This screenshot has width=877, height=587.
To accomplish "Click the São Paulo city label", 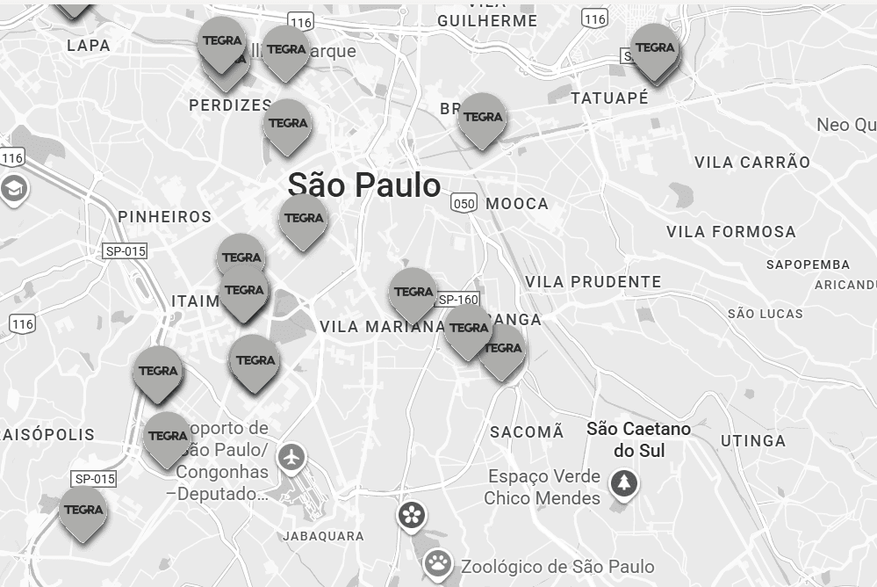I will click(x=363, y=185).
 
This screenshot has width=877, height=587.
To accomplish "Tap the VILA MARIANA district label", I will click(x=382, y=327).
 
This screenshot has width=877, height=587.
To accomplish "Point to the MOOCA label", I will click(x=517, y=204).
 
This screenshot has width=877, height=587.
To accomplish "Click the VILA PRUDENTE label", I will click(x=593, y=282).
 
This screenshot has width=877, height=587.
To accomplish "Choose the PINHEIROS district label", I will click(x=165, y=217).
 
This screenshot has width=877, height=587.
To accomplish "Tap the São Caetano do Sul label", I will click(x=638, y=439).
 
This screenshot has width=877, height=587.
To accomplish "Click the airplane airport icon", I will click(x=291, y=457).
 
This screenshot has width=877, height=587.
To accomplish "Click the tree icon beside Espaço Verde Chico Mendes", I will click(x=624, y=483).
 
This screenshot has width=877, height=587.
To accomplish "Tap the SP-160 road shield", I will click(x=457, y=300).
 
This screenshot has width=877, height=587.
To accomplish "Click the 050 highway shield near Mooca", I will click(x=464, y=204).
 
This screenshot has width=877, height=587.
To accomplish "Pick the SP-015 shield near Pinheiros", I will click(x=125, y=251).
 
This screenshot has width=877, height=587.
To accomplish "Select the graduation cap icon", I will click(x=13, y=188).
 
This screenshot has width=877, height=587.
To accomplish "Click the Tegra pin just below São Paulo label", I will click(x=304, y=219).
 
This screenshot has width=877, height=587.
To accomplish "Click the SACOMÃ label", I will click(x=527, y=431).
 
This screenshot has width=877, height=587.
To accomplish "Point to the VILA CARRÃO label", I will click(x=752, y=163).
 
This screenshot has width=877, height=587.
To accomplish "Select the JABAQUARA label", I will click(x=323, y=536).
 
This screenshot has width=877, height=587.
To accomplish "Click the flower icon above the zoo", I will click(x=411, y=515).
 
